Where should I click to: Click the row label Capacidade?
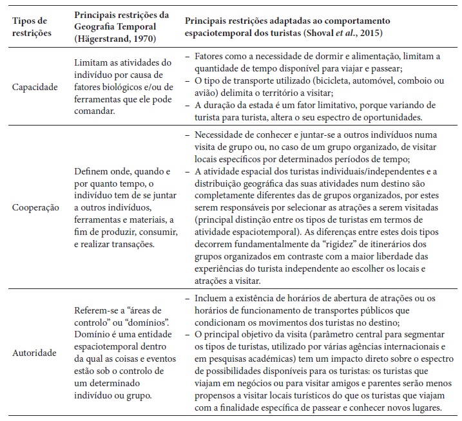(x=35, y=86)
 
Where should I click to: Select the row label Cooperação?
(x=35, y=209)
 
